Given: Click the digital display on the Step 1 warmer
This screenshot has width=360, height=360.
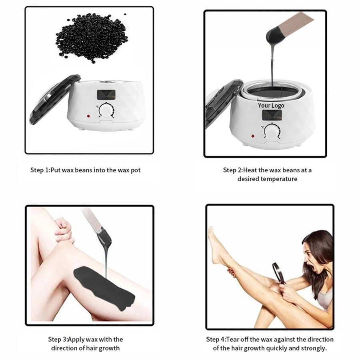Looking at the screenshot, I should tap(107, 94).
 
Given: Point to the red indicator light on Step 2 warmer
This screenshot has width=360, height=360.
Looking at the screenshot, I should tap(253, 136).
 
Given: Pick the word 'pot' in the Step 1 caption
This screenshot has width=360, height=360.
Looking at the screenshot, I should tap(136, 170).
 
